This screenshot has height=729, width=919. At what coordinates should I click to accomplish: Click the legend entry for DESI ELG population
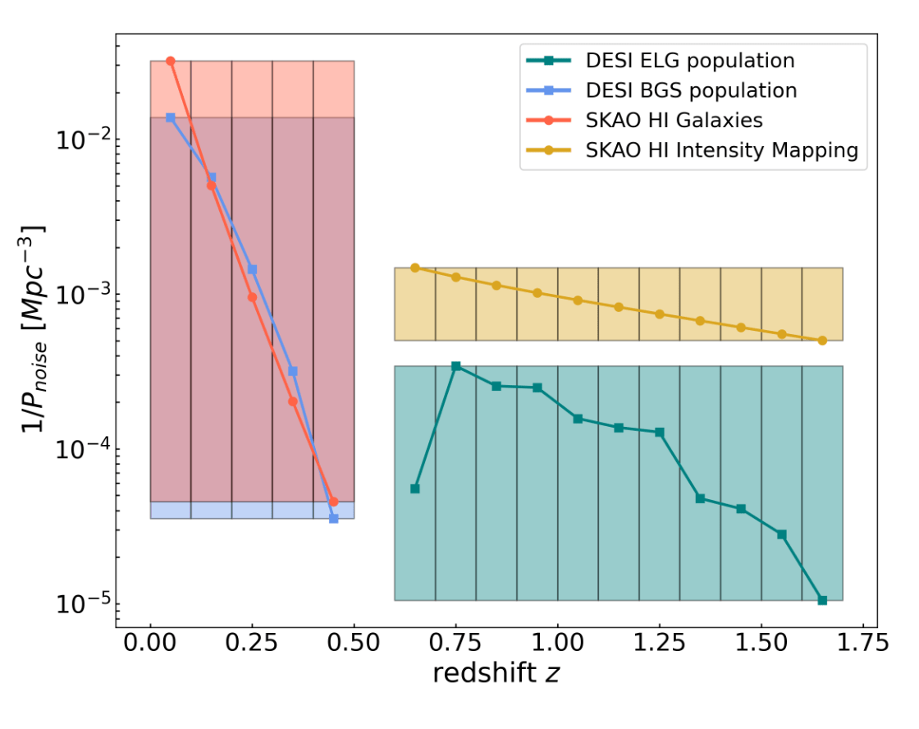point(689,61)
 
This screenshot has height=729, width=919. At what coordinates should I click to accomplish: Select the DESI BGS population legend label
point(691,90)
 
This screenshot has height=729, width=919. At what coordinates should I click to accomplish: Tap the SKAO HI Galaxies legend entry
point(674,121)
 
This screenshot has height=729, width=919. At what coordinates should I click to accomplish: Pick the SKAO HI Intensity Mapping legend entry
point(721,150)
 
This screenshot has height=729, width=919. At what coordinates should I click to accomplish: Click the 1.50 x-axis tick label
point(761,641)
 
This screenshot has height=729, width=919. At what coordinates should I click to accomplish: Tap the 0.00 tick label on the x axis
point(150,641)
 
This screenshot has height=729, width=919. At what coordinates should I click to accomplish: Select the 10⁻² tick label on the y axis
point(81,140)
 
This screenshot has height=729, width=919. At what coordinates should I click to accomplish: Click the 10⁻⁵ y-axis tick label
point(81,605)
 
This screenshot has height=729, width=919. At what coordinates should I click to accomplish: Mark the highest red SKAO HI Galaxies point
point(171,62)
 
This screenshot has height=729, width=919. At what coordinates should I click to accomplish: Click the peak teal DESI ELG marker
point(456,366)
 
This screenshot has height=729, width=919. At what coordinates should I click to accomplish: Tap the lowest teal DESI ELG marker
point(822,600)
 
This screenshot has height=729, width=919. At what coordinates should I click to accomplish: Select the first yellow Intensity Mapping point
point(415,268)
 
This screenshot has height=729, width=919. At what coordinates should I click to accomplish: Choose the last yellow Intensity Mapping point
point(822,340)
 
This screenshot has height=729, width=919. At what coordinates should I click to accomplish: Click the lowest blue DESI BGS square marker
point(334,518)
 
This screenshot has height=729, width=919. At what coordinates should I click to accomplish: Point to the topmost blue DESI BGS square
point(171,117)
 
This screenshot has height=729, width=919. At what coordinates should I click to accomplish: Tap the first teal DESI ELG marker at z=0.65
point(415,488)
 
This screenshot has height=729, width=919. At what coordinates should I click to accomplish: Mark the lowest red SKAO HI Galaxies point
point(334,502)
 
